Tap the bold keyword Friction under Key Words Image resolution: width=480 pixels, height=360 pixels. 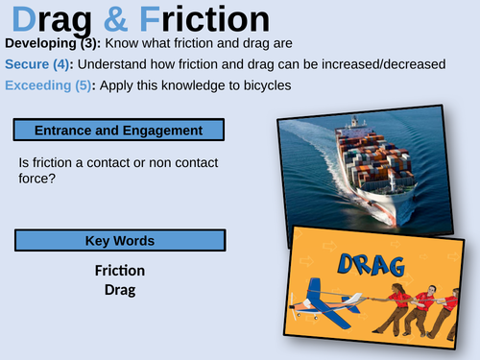click(x=120, y=271)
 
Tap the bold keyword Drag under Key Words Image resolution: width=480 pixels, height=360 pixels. click(x=120, y=289)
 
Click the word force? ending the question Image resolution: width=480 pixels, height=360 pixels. click(x=37, y=180)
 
